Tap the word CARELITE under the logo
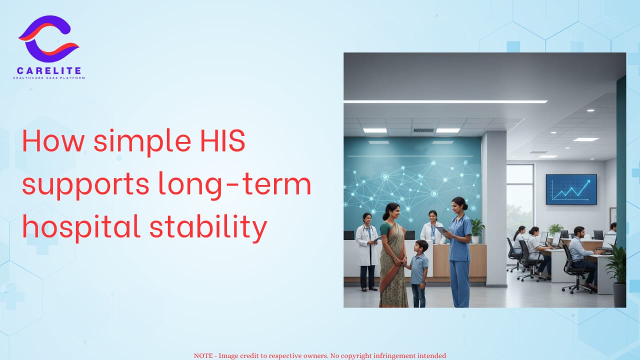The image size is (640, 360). click(x=49, y=70)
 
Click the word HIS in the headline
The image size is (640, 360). click(x=222, y=141)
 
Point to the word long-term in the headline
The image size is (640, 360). click(x=234, y=185)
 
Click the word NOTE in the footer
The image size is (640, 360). click(x=203, y=355)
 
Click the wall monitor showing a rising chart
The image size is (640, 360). click(x=571, y=189)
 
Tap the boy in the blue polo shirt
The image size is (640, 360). click(x=419, y=273)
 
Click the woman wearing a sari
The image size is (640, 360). click(x=393, y=255)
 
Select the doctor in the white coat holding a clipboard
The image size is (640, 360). click(x=367, y=251)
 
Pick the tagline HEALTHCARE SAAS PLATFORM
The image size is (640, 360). click(x=49, y=78)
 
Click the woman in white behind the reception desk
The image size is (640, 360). click(x=432, y=227)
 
